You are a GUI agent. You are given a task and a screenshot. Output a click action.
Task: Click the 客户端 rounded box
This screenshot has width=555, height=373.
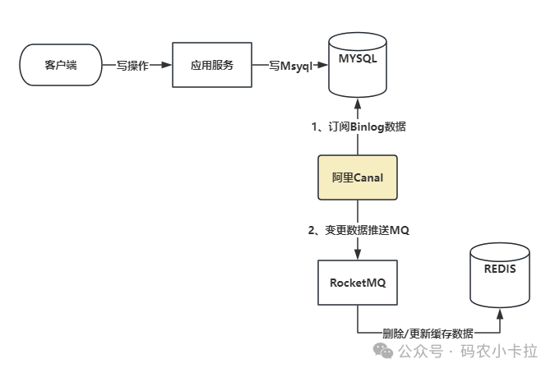coord(60,65)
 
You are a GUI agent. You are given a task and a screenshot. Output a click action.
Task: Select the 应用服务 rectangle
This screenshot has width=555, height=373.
coord(211,65)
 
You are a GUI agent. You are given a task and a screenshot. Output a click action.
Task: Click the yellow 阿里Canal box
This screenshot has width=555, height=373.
coord(357,177)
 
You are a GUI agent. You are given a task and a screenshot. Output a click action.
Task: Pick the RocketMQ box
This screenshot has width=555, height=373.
coord(357,281)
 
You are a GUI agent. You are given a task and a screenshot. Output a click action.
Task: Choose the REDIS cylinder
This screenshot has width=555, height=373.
coord(500,275)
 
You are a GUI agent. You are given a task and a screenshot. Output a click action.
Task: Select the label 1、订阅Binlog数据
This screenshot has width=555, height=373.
coord(358,127)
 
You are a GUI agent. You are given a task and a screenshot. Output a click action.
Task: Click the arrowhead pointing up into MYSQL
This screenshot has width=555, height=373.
coord(357,104)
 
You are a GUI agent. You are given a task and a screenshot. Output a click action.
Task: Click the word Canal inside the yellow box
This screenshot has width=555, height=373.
coord(368,177)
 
